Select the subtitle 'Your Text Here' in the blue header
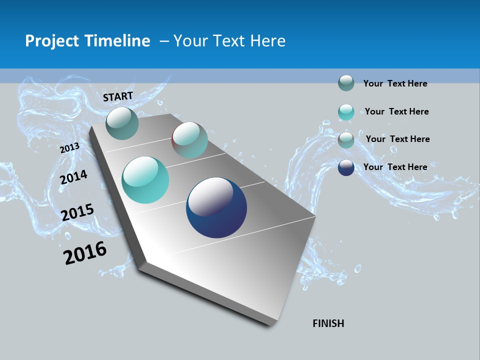pyautogui.click(x=229, y=41)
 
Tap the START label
pyautogui.click(x=118, y=96)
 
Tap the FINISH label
pyautogui.click(x=328, y=323)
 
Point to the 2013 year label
pyautogui.click(x=69, y=148)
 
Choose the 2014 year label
pyautogui.click(x=73, y=177)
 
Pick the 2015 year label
pyautogui.click(x=77, y=213)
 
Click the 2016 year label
pyautogui.click(x=85, y=253)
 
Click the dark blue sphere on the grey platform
pyautogui.click(x=216, y=207)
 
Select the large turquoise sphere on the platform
pyautogui.click(x=145, y=180)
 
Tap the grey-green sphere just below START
pyautogui.click(x=122, y=123)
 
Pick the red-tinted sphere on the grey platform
pyautogui.click(x=189, y=140)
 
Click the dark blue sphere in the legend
pyautogui.click(x=346, y=167)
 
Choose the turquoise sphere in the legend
pyautogui.click(x=346, y=112)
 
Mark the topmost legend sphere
pyautogui.click(x=346, y=83)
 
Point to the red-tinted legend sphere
pyautogui.click(x=346, y=140)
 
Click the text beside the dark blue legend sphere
pyautogui.click(x=395, y=167)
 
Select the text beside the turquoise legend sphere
pyautogui.click(x=396, y=111)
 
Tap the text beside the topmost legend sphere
pyautogui.click(x=395, y=83)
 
